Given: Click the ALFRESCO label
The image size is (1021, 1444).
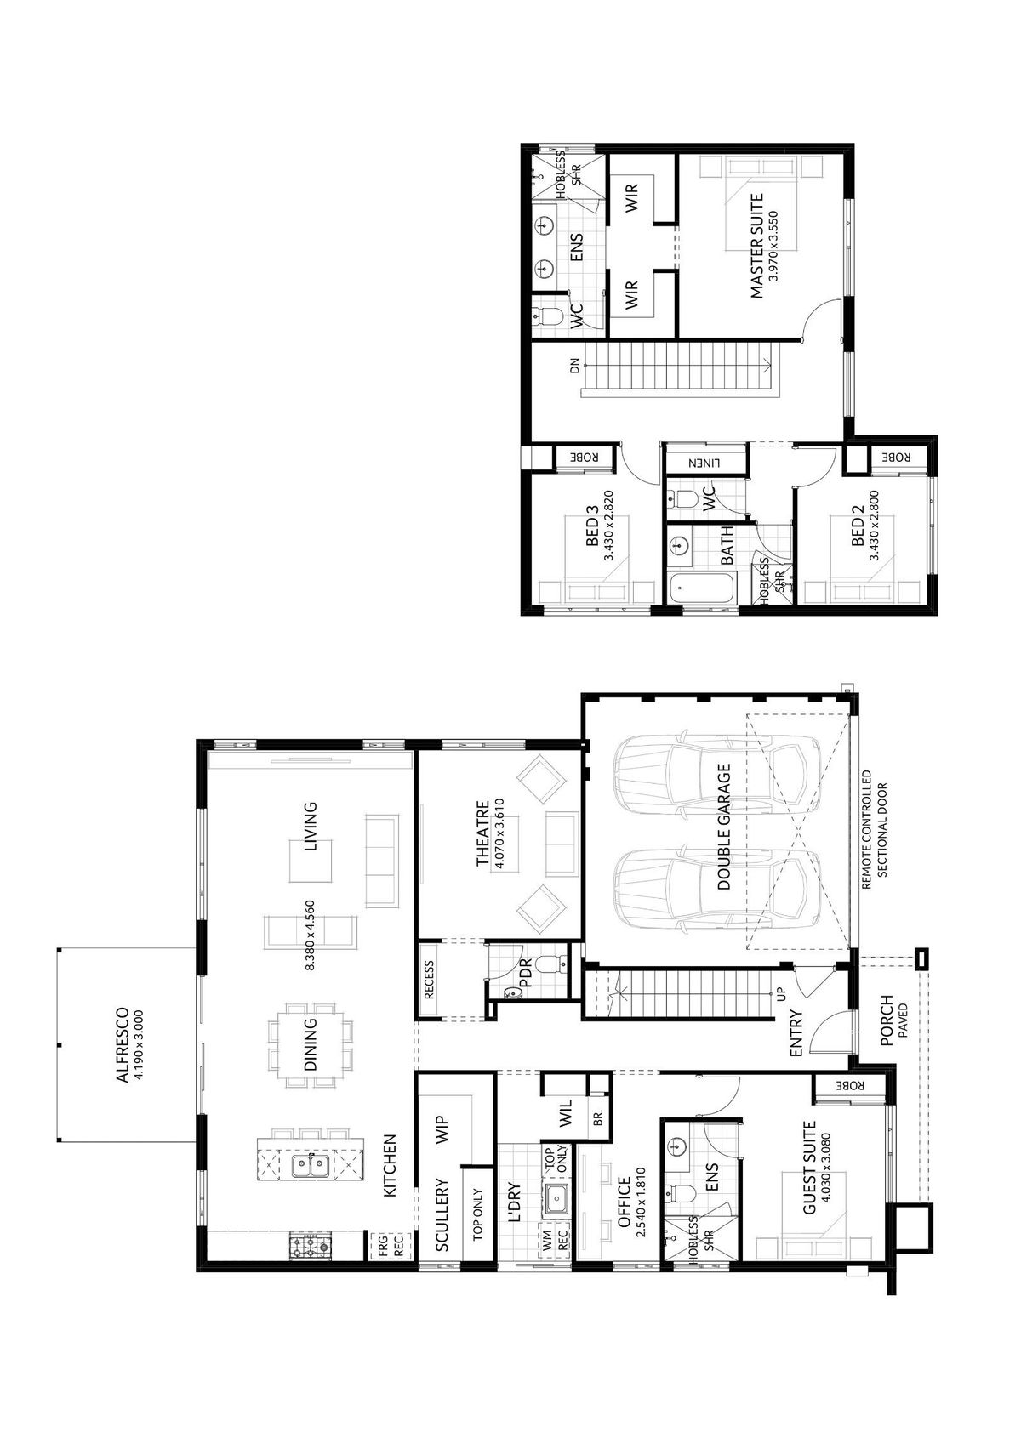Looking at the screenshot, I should click(x=122, y=1045).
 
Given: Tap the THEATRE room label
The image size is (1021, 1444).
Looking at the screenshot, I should click(x=482, y=834).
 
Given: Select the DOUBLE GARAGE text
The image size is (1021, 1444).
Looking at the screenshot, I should click(x=724, y=827).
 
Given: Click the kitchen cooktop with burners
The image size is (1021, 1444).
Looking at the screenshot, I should click(x=311, y=1246).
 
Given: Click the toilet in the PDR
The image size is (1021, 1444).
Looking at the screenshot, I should click(x=554, y=964).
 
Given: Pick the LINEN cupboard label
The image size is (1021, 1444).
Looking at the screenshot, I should click(x=705, y=463).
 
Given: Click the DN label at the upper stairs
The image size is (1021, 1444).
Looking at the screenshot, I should click(x=575, y=367).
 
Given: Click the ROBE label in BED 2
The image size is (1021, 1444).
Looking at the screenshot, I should click(x=896, y=457).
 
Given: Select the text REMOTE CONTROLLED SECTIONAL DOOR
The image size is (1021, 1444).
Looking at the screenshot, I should click(x=874, y=830).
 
